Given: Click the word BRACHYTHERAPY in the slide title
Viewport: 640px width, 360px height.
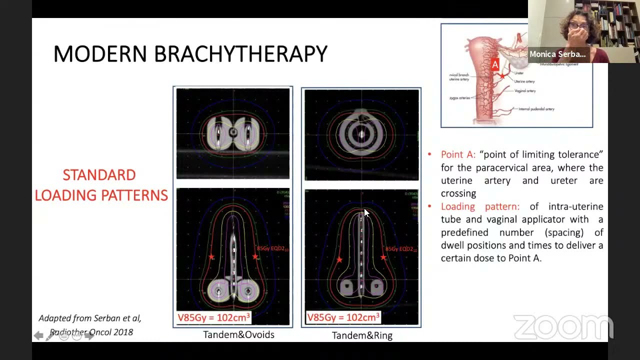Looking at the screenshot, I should click(240, 54).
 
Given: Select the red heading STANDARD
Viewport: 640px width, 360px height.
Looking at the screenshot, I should click(99, 175).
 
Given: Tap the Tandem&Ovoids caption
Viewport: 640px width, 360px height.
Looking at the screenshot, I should click(238, 334).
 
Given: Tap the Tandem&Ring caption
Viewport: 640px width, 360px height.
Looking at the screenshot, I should click(362, 335).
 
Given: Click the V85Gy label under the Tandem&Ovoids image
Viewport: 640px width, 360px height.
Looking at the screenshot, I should click(213, 317).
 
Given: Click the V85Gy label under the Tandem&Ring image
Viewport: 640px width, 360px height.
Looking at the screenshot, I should click(343, 317).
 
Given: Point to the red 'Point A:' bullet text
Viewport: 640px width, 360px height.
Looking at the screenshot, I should click(458, 154).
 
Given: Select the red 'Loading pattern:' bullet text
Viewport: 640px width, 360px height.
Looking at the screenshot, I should click(480, 206).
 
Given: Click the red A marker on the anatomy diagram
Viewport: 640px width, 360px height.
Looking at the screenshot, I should click(495, 64).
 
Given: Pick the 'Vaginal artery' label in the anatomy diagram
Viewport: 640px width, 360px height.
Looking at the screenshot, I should click(524, 91).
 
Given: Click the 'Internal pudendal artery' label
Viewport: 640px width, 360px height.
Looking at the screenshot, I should click(536, 109).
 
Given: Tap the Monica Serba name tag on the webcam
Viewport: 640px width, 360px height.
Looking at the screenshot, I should click(557, 54).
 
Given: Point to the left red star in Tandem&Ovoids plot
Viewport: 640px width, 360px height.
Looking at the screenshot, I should click(211, 257).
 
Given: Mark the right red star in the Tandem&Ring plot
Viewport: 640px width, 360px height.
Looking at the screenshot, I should click(383, 257).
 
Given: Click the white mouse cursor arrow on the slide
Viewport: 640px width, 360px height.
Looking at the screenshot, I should click(366, 213).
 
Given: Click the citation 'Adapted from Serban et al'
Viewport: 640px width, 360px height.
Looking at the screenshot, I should click(90, 318).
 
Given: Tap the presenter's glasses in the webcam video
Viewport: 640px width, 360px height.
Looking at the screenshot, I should click(579, 26).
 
